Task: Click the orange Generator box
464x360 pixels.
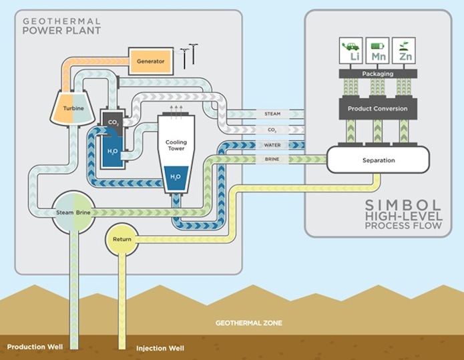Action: (151, 61)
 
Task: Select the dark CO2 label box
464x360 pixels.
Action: (113, 122)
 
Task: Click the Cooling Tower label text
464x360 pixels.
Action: (176, 145)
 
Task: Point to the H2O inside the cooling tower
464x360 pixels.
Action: (175, 176)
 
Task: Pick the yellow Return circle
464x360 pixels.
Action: (122, 238)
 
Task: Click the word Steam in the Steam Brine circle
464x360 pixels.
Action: (65, 212)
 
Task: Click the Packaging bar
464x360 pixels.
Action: (377, 73)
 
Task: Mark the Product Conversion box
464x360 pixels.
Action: (377, 108)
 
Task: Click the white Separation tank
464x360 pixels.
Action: (378, 160)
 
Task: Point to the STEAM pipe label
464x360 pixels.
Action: (272, 114)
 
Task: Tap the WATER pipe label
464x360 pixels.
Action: (272, 145)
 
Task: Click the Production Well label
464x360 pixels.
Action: (33, 347)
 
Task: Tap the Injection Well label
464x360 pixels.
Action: (160, 349)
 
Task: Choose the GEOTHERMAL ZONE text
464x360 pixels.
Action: (248, 323)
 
